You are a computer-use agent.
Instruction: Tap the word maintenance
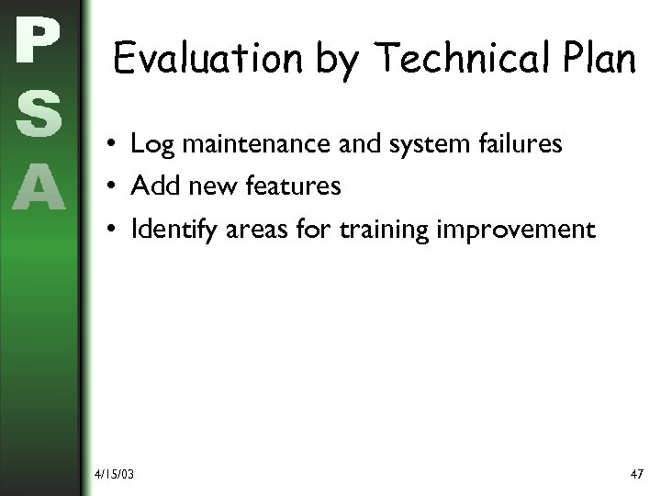242,144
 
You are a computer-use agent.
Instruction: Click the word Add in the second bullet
151,186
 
